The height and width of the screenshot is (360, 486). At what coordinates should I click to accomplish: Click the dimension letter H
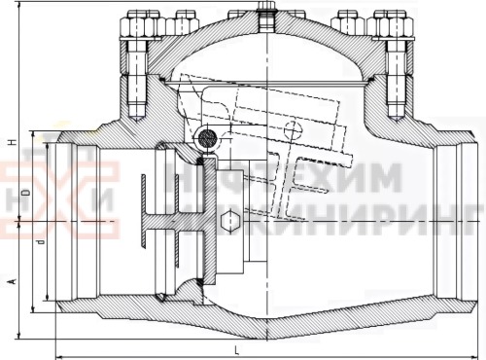pos(11,143)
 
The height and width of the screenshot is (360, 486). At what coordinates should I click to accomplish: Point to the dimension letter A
pos(11,280)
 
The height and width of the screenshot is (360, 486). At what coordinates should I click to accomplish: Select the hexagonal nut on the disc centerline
pos(229,222)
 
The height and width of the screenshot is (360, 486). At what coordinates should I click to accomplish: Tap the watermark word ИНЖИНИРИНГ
pos(350,216)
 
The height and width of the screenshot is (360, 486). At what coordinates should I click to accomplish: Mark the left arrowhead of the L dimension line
pos(58,354)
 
